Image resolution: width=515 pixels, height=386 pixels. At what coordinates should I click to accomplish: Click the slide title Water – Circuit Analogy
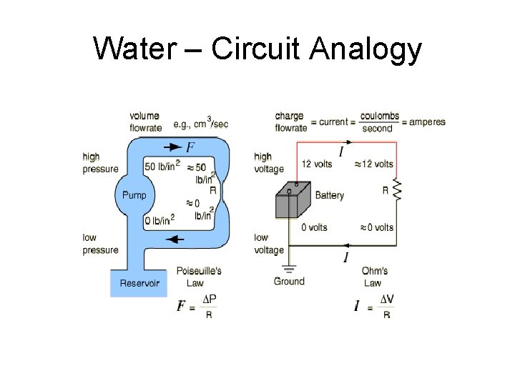pyautogui.click(x=257, y=49)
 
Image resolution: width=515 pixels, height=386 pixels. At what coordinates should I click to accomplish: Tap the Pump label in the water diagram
pyautogui.click(x=134, y=195)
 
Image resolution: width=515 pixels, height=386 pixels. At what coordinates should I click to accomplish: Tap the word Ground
pyautogui.click(x=289, y=281)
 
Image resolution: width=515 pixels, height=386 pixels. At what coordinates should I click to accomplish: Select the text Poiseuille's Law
pyautogui.click(x=199, y=277)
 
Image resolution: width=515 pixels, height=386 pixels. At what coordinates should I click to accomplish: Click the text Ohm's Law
pyautogui.click(x=374, y=277)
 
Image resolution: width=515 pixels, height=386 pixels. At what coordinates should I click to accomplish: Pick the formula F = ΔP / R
pyautogui.click(x=196, y=306)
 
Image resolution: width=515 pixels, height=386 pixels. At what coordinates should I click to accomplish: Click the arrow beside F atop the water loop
pyautogui.click(x=172, y=147)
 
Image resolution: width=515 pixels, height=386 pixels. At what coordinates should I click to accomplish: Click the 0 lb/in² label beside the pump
pyautogui.click(x=159, y=221)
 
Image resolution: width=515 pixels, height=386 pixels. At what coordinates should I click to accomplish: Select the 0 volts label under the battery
pyautogui.click(x=314, y=227)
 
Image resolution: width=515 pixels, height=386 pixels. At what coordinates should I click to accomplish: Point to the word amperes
pyautogui.click(x=427, y=122)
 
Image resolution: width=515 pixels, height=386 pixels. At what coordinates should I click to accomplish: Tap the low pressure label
pyautogui.click(x=100, y=244)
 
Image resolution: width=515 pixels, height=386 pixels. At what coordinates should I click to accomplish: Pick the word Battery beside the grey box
pyautogui.click(x=329, y=195)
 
